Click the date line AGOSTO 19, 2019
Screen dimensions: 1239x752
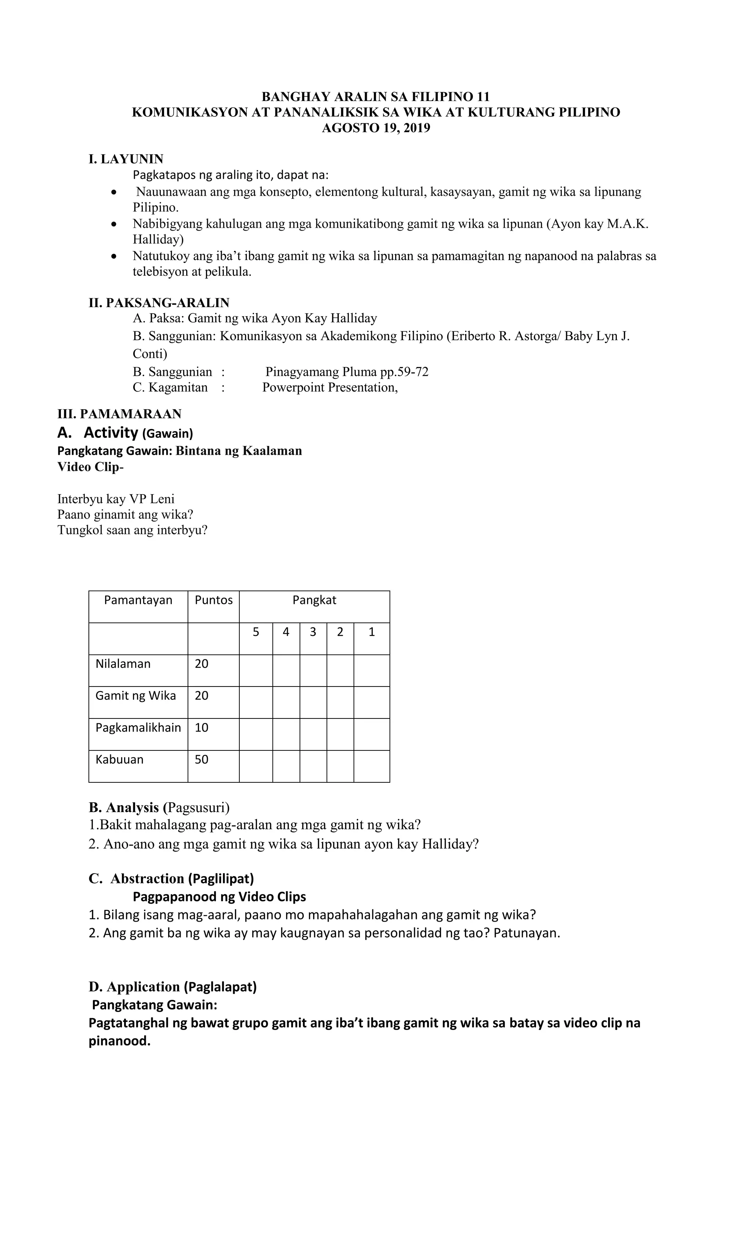point(376,128)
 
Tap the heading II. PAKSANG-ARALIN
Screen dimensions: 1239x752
point(159,303)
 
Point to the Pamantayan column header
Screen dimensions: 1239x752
point(138,600)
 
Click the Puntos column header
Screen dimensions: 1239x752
point(214,600)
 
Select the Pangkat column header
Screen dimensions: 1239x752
point(314,600)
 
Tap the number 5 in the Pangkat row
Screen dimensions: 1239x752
point(256,632)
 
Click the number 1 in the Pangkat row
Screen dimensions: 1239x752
point(372,632)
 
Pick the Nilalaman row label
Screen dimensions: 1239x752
point(123,664)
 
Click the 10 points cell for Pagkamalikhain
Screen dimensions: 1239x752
point(202,728)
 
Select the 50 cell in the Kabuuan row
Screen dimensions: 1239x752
point(202,759)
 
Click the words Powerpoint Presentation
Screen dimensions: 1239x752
point(330,387)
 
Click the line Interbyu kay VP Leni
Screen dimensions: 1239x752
point(116,499)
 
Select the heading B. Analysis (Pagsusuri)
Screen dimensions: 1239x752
point(159,807)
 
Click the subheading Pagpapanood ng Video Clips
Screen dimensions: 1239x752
point(219,897)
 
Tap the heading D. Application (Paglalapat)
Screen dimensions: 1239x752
point(173,987)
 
